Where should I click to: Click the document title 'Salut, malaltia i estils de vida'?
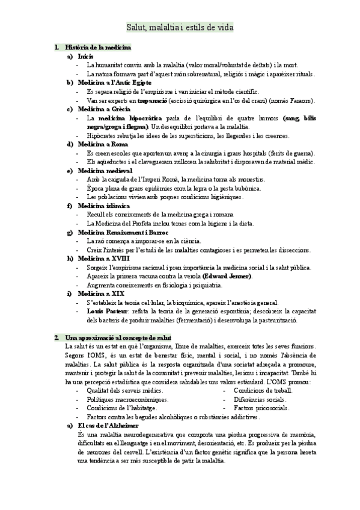(180, 27)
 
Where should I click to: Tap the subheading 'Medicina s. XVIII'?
(103, 259)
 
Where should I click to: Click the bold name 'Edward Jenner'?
(227, 276)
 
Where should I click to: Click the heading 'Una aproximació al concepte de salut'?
(116, 338)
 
